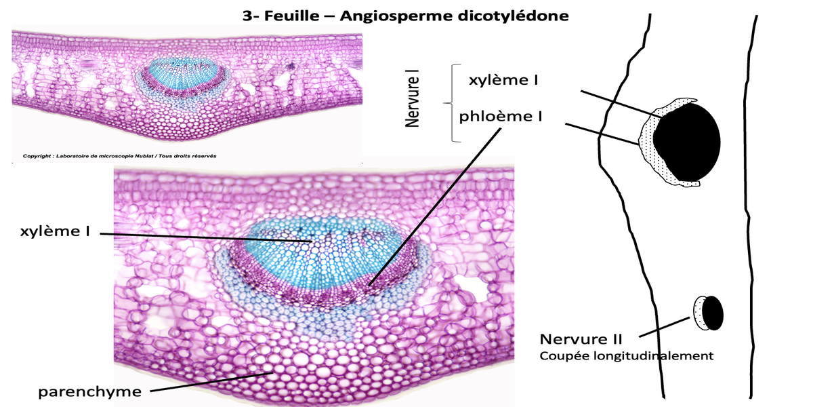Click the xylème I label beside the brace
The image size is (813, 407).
(x=504, y=79)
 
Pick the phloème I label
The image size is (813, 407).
(x=501, y=116)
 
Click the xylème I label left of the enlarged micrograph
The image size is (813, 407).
(x=55, y=231)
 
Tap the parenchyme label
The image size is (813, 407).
(x=89, y=391)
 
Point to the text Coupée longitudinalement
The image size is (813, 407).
(x=626, y=355)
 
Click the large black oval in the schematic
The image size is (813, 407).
(x=686, y=141)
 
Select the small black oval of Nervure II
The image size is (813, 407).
(x=712, y=313)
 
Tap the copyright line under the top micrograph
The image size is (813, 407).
(x=119, y=156)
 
